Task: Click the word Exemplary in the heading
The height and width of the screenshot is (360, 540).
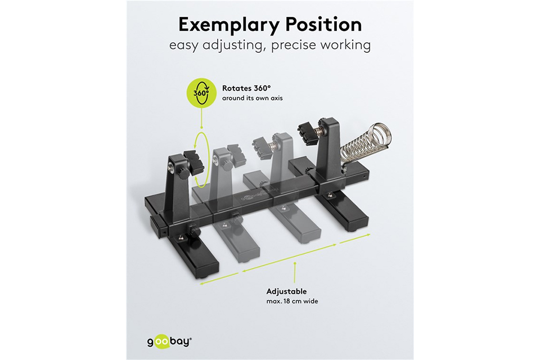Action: [229, 25]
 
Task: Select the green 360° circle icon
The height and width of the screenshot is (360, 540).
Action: [201, 92]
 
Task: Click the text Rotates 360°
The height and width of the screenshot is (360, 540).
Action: [246, 88]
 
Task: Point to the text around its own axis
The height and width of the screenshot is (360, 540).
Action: [252, 98]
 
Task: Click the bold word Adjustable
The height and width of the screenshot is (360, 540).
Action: [286, 291]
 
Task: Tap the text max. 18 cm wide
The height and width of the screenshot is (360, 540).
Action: [292, 301]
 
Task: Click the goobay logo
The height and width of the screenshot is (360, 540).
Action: [169, 342]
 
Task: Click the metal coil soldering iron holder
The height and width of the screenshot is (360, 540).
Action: [366, 143]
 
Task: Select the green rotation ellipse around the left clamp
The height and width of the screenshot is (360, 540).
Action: [200, 160]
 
